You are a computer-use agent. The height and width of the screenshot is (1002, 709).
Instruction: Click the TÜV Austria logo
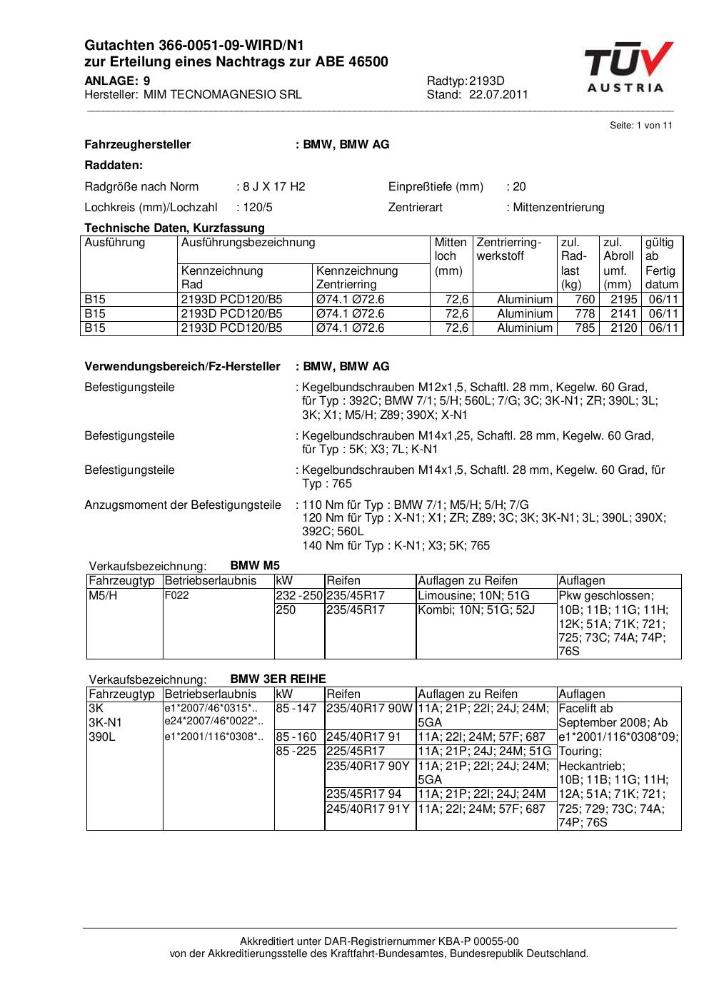[x=628, y=67]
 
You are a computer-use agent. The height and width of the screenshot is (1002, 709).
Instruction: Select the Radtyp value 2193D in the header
[x=487, y=81]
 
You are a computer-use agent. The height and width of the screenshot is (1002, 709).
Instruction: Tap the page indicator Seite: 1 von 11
[x=641, y=126]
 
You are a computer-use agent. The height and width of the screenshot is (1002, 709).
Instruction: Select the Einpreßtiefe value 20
[x=519, y=186]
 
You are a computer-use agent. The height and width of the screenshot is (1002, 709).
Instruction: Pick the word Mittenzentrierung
[x=558, y=208]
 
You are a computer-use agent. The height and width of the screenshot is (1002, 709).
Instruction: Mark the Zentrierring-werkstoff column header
[x=509, y=249]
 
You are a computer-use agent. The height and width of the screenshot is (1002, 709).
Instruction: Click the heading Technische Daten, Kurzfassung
[x=174, y=228]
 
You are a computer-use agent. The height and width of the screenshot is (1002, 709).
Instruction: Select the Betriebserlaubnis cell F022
[x=177, y=595]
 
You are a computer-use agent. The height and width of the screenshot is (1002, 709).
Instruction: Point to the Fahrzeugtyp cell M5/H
[x=103, y=595]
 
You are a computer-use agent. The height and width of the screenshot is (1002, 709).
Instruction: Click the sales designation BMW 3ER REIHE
[x=278, y=679]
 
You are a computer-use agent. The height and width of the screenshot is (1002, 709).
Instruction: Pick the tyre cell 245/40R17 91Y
[x=368, y=809]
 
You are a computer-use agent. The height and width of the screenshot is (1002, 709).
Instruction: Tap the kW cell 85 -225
[x=296, y=751]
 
